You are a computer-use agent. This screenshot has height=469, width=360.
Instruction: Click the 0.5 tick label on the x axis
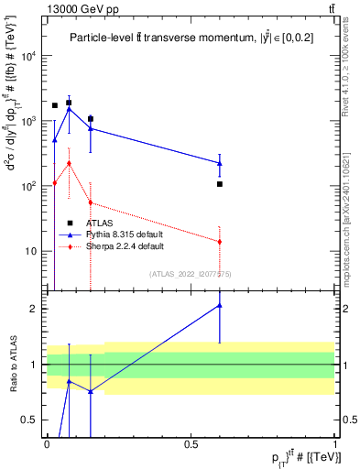tap(191, 443)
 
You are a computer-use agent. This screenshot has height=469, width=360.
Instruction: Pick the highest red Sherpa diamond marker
tap(69, 163)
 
